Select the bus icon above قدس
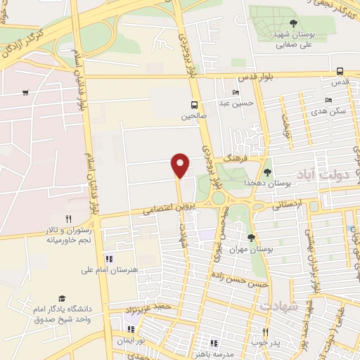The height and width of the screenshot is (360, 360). coord(340,71)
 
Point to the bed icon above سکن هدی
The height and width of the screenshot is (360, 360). coord(329,101)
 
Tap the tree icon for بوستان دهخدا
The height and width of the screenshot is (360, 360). coord(266,172)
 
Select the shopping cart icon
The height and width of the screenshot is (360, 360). coord(25,93)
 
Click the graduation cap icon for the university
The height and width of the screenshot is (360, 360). coord(61,298)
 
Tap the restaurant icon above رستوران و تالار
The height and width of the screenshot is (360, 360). coord(68,219)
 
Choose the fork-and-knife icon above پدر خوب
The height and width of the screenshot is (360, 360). coord(265,332)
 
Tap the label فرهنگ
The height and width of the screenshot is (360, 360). coord(232,161)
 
